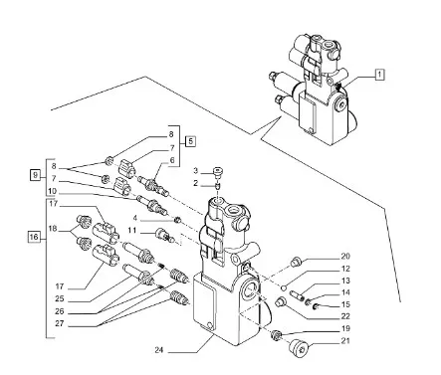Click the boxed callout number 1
pos(380,75)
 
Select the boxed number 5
pos(190,141)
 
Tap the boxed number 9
pos(35,174)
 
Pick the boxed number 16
pos(33,237)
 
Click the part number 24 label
pos(159,350)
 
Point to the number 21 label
pos(345,340)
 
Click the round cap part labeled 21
pos(298,349)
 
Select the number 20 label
pos(345,257)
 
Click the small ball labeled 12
pos(283,285)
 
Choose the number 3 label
pos(195,171)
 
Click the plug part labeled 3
pos(218,171)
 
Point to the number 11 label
pos(132,230)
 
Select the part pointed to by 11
pos(164,234)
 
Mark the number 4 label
pos(135,218)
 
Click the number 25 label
pos(60,298)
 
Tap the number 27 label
pos(60,323)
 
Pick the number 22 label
pos(345,316)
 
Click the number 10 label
pos(52,191)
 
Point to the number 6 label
pos(172,160)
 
